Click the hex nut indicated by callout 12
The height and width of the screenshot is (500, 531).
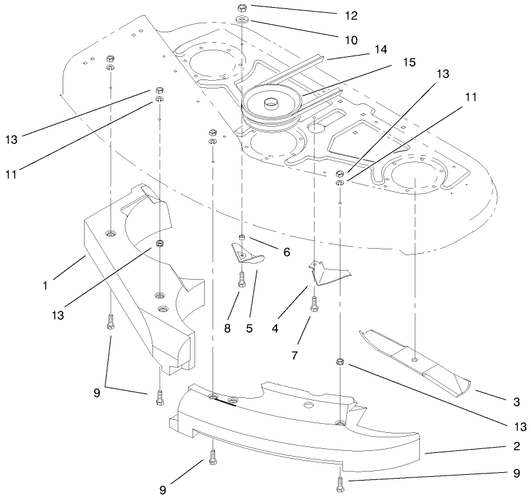241,9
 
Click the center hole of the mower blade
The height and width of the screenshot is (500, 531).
414,358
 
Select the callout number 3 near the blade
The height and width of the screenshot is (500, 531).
515,402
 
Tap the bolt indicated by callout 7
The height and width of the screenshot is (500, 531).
315,304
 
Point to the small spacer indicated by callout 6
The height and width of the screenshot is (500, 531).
241,239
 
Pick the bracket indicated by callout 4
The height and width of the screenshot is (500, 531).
326,273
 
